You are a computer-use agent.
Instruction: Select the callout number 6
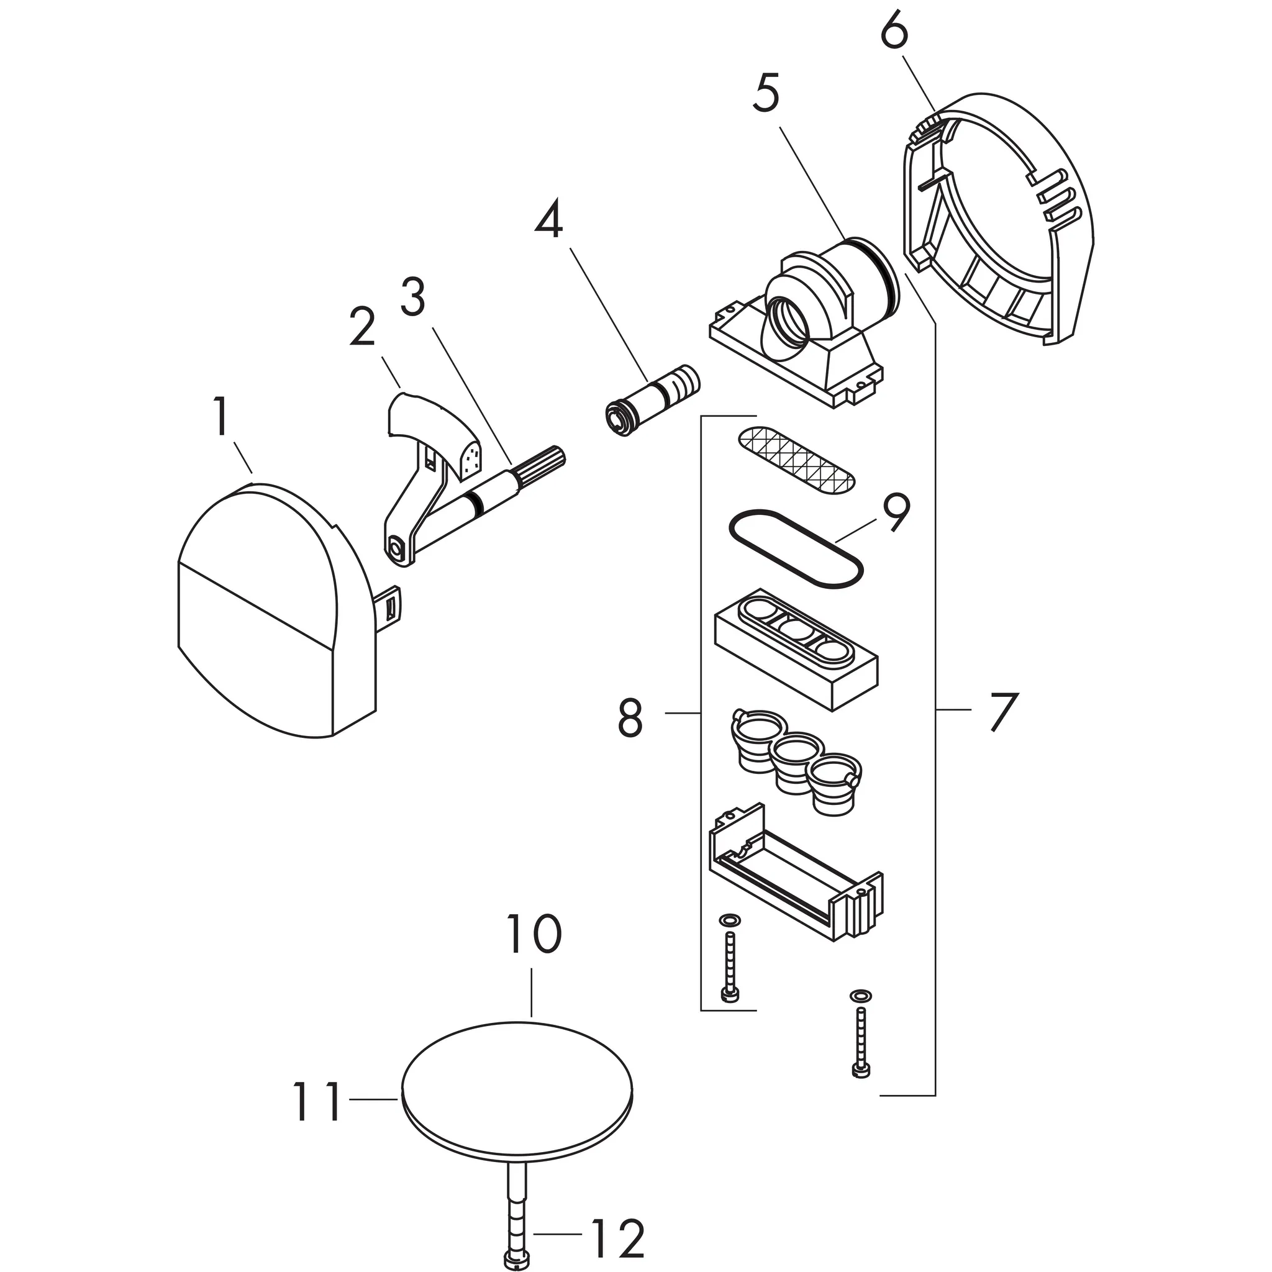(894, 30)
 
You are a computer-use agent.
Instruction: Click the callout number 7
(1004, 711)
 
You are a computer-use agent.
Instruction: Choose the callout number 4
(548, 219)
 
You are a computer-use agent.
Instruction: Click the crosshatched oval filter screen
(797, 460)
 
